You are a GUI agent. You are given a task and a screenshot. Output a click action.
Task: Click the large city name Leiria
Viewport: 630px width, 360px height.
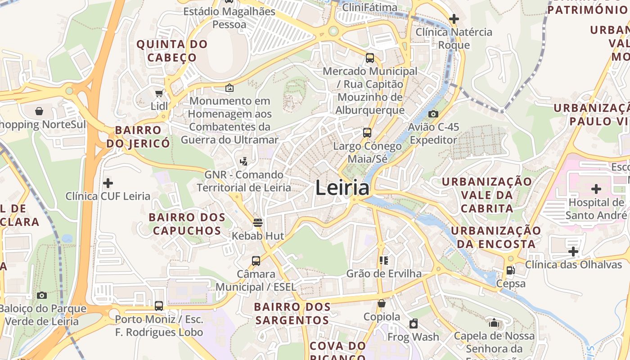point(342,188)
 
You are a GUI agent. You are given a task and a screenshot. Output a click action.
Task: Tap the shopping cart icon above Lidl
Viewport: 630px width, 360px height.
point(159,93)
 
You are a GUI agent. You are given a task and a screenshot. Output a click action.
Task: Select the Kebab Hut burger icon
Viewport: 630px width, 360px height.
point(258,222)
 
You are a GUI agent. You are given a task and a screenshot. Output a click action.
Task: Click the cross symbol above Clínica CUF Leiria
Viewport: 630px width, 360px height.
point(108,183)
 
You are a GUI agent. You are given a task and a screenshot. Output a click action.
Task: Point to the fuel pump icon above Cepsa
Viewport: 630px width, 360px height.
point(511,270)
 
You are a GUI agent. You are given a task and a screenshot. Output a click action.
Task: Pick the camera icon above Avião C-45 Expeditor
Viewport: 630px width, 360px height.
point(433,114)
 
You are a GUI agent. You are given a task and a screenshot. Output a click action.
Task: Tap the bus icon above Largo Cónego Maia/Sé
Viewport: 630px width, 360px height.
point(367,133)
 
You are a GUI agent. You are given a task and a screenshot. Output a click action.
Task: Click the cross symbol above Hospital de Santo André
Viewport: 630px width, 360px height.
point(596,189)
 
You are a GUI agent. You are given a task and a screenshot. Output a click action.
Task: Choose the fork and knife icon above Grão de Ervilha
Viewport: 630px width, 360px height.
point(384,260)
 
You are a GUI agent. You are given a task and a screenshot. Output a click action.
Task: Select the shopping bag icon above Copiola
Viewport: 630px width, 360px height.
point(382,303)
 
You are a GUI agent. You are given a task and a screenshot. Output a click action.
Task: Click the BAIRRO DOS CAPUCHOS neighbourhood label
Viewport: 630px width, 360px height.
point(187,224)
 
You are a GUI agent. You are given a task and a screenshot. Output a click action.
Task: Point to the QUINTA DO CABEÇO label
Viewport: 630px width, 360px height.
point(172,51)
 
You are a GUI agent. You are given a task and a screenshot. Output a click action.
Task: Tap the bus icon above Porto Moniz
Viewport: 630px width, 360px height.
point(159,306)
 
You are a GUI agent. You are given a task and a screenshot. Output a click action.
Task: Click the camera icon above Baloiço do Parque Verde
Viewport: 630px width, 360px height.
point(42,295)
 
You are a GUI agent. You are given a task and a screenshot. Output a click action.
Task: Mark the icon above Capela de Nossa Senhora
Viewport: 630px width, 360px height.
point(494,323)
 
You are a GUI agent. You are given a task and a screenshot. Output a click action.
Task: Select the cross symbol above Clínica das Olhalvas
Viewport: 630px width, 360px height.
point(573,251)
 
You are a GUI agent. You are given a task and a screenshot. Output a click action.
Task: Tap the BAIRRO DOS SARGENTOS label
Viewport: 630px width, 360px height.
point(292,314)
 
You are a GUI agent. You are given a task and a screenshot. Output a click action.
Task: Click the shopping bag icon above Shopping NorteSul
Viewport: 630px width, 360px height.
point(39,111)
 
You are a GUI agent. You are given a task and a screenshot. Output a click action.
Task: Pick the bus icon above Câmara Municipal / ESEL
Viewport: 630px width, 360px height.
point(256,261)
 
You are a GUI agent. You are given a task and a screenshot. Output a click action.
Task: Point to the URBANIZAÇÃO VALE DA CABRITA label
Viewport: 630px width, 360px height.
point(487,195)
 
